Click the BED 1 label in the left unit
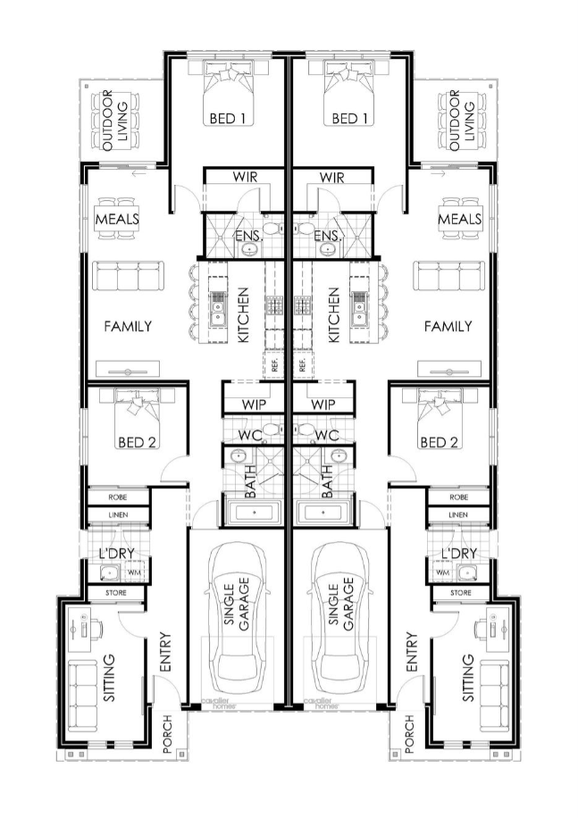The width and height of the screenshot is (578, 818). pos(227,119)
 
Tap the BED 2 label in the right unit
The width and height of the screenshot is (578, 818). pos(439,442)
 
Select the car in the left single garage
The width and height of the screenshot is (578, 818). pos(239,618)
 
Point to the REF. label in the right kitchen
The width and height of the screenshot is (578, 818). pos(303,364)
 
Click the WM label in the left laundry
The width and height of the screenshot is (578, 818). pos(134,572)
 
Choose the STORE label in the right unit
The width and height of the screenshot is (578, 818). pos(461,593)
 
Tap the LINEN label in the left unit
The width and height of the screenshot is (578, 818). pos(118,515)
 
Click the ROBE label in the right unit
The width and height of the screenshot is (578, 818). pos(458,497)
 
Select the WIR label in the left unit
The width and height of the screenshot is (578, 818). pos(245,177)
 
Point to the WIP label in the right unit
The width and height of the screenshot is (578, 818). pos(323,405)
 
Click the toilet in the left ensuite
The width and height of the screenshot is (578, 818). pos(272,228)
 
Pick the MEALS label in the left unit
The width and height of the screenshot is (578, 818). pos(117,219)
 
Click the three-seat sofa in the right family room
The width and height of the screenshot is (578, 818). pos(449,275)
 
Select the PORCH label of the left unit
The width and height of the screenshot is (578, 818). pos(167,734)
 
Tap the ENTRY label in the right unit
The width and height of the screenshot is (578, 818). pos(412,652)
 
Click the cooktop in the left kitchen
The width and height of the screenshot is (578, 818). pos(274,305)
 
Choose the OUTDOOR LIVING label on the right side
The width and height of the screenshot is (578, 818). pos(462,121)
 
